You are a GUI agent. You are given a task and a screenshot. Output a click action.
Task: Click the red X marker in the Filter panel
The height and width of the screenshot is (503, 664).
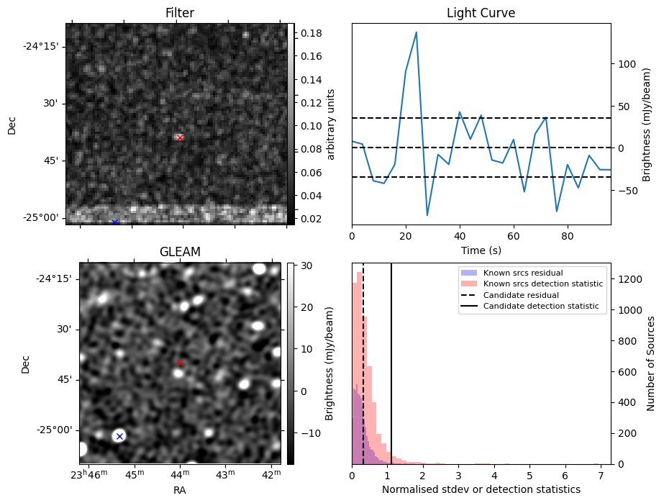(180, 137)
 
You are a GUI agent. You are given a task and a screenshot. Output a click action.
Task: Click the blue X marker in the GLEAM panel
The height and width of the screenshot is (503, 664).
(119, 436)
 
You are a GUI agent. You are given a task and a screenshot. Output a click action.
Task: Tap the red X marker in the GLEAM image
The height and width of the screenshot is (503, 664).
(180, 363)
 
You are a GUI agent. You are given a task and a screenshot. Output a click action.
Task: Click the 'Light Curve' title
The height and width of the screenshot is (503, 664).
(481, 13)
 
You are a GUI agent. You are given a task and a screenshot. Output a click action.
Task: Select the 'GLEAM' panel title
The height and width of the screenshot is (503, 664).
(180, 252)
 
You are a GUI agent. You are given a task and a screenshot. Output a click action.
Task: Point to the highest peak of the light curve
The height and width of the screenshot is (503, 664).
(417, 32)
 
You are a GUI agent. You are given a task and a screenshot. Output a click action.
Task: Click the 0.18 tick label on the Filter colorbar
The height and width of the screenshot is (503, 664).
(311, 33)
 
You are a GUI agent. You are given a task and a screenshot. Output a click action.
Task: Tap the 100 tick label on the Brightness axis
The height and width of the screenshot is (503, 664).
(627, 64)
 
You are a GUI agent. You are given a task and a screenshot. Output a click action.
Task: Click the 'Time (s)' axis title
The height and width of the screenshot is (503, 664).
(481, 250)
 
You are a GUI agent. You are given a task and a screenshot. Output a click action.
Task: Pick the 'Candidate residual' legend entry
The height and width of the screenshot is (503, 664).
(521, 295)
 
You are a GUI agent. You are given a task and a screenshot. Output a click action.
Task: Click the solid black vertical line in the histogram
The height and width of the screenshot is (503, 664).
(391, 363)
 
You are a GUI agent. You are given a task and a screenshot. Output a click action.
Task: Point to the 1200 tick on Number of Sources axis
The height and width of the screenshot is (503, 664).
(629, 279)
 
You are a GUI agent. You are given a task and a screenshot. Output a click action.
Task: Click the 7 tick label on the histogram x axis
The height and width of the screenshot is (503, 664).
(601, 476)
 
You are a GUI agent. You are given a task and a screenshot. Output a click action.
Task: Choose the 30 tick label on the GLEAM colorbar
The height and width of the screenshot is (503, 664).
(306, 266)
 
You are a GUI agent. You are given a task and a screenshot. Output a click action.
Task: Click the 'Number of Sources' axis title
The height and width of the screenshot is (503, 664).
(650, 363)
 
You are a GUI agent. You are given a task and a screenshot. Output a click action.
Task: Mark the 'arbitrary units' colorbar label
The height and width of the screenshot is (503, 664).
(331, 124)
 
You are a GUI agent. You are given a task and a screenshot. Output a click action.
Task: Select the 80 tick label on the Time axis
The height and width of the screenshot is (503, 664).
(568, 236)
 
